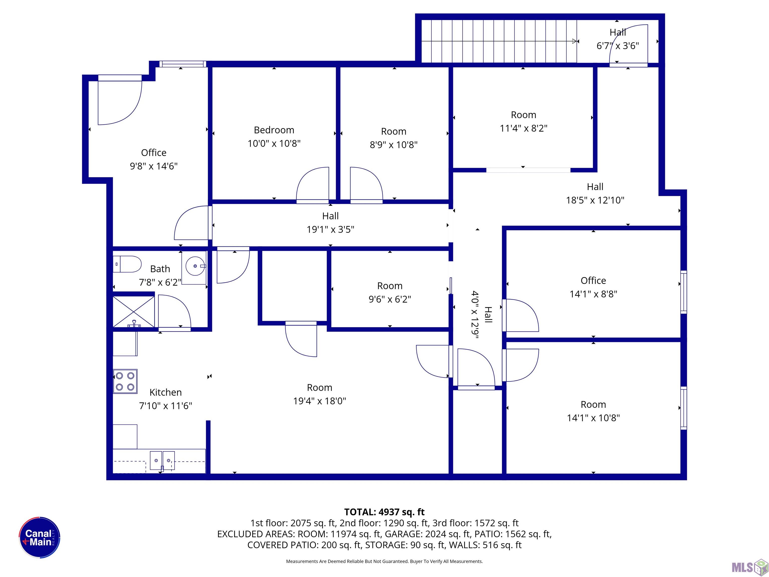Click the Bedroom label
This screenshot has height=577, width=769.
click(x=274, y=130)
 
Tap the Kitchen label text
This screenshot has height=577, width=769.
click(x=165, y=392)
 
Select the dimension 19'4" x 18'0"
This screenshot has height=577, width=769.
click(x=319, y=401)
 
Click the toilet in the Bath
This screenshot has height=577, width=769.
click(x=127, y=264)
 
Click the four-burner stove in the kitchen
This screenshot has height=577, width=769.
click(x=125, y=381)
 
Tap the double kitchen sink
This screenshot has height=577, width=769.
click(x=162, y=461)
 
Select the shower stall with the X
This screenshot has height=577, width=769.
click(x=133, y=312)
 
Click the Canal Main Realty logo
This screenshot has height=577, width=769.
click(x=40, y=537)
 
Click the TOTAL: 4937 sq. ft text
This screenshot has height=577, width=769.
click(x=384, y=512)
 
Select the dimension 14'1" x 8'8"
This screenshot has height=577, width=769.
click(x=594, y=294)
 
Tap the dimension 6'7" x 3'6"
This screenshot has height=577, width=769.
click(x=618, y=46)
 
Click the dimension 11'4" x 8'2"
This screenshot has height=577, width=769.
click(x=524, y=128)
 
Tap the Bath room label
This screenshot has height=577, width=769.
click(x=160, y=269)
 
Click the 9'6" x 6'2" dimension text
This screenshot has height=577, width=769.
click(x=390, y=299)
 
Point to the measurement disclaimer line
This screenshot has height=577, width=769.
click(x=384, y=561)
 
